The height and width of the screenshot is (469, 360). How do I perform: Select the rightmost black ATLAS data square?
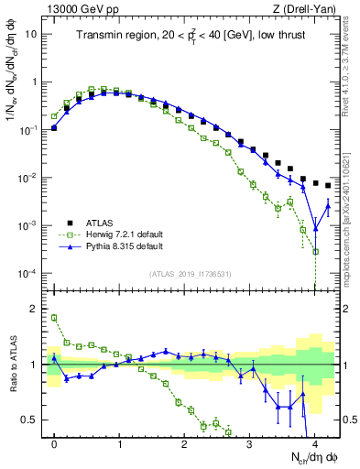point(328,186)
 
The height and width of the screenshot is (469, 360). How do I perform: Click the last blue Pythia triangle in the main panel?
point(328,207)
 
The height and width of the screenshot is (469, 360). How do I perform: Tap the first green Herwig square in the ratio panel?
point(54,318)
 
